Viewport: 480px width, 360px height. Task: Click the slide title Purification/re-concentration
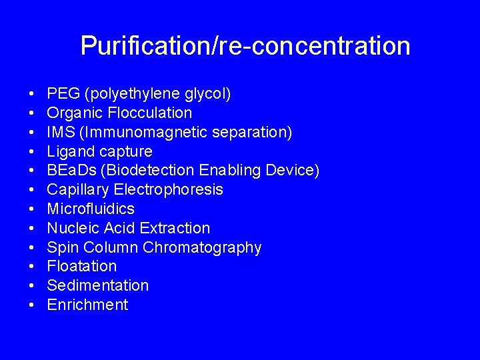tap(245, 46)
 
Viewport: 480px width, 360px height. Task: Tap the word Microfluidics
tap(91, 209)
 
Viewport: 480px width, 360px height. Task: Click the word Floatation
tap(82, 267)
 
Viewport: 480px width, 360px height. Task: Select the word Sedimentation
tap(98, 285)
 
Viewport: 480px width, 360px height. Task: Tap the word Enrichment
tap(87, 305)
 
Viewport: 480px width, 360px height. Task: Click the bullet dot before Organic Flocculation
tap(33, 113)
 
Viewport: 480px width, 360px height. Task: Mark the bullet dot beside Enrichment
tap(33, 305)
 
